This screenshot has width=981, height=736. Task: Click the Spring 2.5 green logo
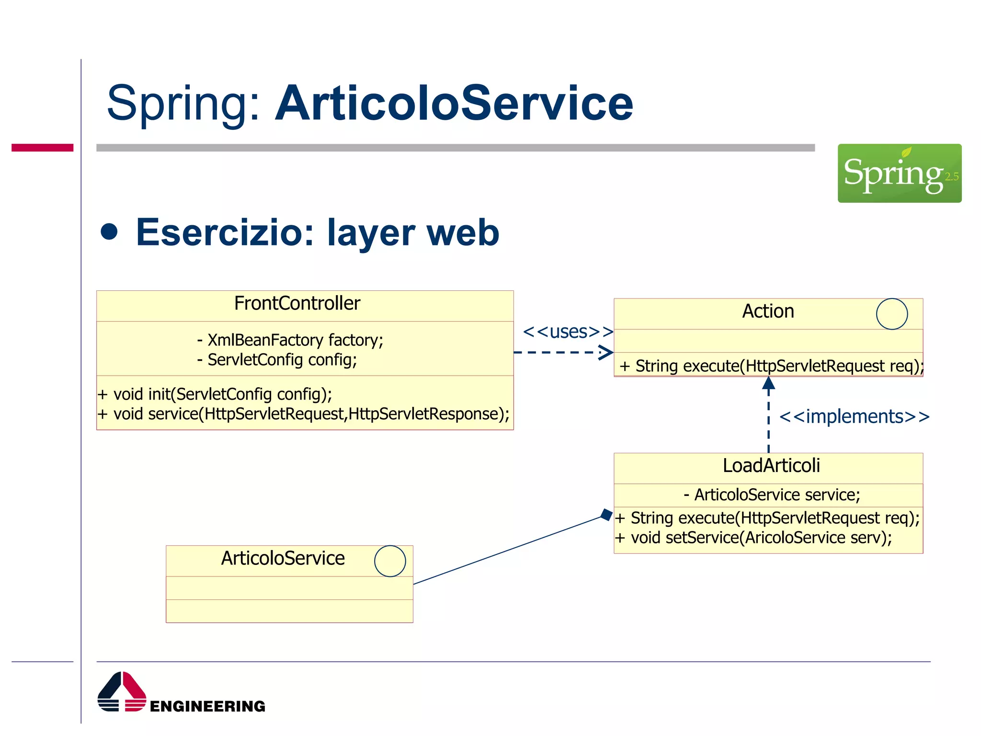coord(899,173)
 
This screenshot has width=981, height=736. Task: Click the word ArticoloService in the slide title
coord(454,103)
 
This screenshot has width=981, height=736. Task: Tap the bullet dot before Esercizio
coord(109,231)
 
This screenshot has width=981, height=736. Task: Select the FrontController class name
coord(297,303)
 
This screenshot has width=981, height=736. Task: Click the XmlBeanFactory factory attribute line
coord(290,340)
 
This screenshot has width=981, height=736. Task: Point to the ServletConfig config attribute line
coord(277,360)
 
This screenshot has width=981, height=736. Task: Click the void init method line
coord(215,394)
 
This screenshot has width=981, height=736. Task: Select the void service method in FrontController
coord(303,414)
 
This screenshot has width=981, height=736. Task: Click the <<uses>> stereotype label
coord(568,332)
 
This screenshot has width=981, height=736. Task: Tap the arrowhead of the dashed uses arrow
coord(607,353)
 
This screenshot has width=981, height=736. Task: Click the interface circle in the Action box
coord(891,314)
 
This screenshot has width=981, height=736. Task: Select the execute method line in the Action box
coord(771,366)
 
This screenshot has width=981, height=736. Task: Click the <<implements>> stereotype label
coord(854,416)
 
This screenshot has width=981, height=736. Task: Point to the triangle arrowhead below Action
coord(768,383)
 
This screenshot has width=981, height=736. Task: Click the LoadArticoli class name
coord(771,466)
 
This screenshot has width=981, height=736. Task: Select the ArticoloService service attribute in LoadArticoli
coord(772,495)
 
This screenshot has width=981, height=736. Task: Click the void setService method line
coord(753,538)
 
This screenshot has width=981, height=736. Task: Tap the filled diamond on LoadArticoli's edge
coord(607,515)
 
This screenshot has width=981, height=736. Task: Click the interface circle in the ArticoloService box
coord(390,561)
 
